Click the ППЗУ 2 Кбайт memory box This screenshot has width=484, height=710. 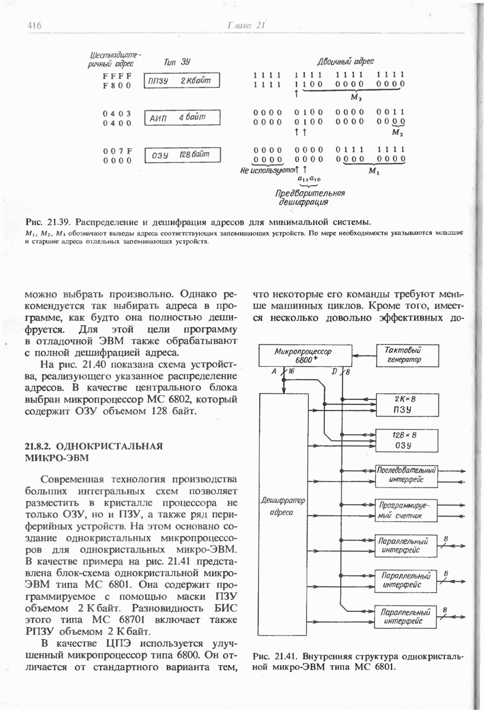click(x=182, y=80)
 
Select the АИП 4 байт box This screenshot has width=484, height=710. click(x=182, y=118)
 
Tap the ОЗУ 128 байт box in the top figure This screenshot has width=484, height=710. click(x=182, y=155)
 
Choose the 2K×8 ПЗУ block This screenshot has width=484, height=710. click(x=405, y=404)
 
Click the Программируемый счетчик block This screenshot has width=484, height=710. click(x=405, y=510)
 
